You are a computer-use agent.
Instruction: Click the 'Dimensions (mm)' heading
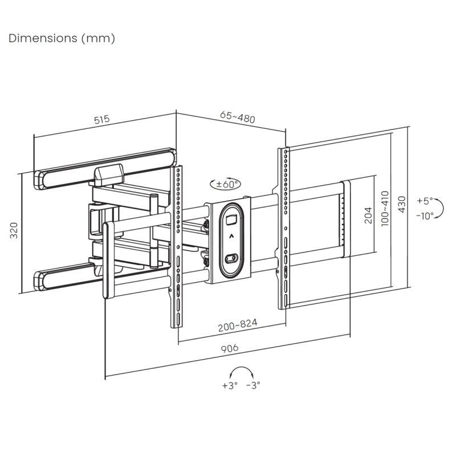coord(62,39)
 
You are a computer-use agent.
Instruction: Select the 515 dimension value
coord(101,120)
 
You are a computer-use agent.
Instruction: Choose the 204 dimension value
coord(368,215)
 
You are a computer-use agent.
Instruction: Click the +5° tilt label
coord(425,201)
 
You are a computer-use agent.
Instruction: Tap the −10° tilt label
coord(425,215)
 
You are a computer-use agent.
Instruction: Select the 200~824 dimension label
coord(237,324)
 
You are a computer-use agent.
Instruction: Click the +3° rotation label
coord(229,385)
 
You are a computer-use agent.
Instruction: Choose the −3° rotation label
coord(253,385)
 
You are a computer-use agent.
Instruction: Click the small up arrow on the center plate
coord(231,235)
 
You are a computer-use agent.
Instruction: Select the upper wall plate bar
coord(105,166)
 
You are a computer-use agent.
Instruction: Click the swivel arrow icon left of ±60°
coord(214,184)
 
